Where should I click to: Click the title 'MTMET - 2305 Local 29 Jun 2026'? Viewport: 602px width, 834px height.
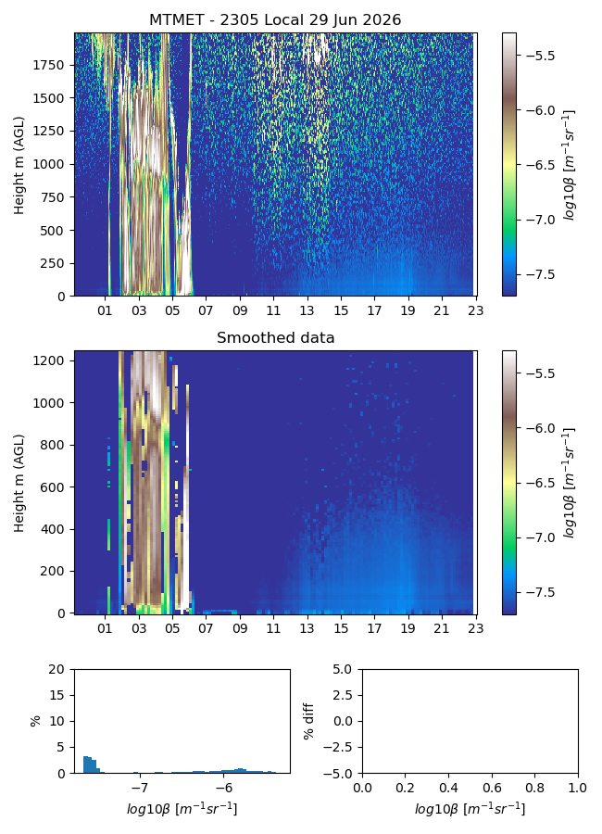tap(275, 19)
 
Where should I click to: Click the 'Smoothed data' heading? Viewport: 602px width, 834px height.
tap(275, 337)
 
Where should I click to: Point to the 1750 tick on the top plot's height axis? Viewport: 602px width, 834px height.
tap(48, 65)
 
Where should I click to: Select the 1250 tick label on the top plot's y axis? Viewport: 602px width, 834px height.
tap(48, 131)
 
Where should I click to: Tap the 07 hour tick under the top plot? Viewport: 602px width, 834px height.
tap(206, 310)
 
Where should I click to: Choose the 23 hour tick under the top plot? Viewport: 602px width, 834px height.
tap(475, 310)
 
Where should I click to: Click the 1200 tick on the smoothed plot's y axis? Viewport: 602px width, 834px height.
tap(48, 360)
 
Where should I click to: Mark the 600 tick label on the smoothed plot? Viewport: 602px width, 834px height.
tap(52, 487)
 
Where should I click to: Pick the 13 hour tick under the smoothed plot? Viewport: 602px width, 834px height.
tap(307, 628)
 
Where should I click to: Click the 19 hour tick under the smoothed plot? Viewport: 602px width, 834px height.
tap(408, 628)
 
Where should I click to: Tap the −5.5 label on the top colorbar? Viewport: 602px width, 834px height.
tap(540, 56)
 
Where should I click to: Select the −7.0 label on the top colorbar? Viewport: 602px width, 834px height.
tap(540, 220)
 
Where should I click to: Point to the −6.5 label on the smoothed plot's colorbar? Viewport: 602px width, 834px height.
tap(540, 483)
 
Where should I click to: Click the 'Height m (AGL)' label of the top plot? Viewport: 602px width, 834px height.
tap(19, 166)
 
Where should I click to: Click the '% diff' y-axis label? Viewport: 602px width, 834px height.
tap(307, 721)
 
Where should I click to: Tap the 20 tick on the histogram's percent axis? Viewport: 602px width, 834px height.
tap(56, 669)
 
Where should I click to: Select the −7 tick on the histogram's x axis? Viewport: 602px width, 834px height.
tap(139, 788)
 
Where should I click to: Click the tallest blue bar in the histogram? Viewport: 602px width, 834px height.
tap(85, 764)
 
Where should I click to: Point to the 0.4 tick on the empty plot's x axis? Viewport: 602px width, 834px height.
tap(449, 788)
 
